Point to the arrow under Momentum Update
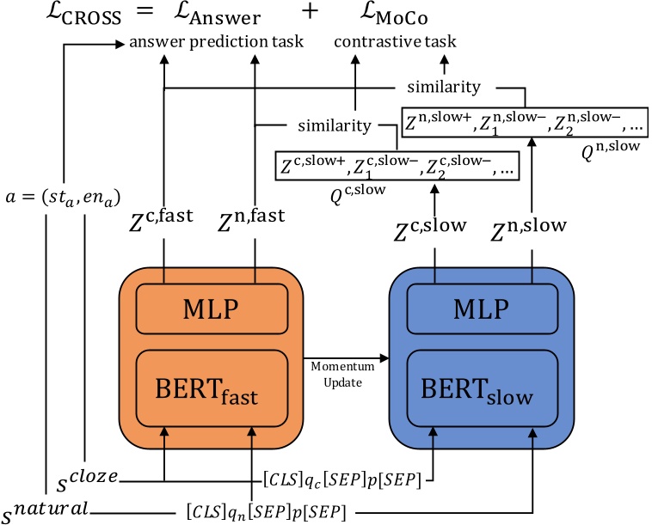(x=341, y=354)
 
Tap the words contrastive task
(x=396, y=41)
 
